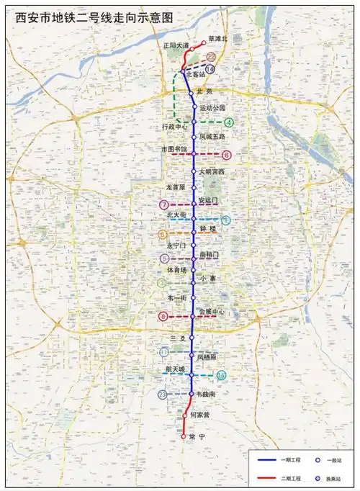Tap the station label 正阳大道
176,45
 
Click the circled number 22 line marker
212,55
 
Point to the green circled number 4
228,122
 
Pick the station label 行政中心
174,126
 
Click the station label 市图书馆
174,149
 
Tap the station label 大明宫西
212,171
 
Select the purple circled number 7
165,205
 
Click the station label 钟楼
208,228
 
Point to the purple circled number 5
165,258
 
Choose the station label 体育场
176,270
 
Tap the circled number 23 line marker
164,395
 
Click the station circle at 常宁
184,436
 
